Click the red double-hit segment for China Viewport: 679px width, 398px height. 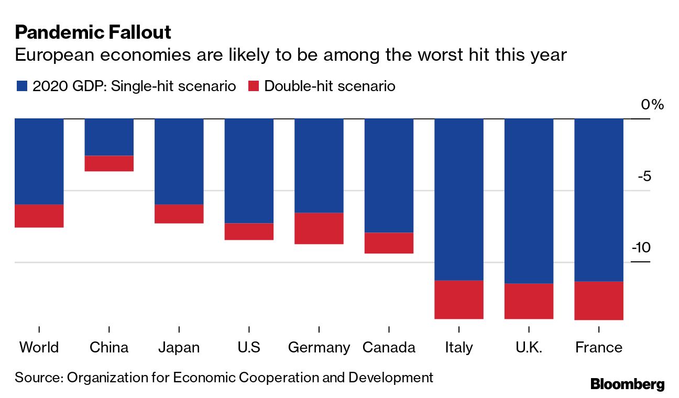pos(109,163)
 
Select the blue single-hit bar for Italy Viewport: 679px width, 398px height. pos(459,200)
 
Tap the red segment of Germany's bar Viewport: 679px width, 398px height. pos(319,228)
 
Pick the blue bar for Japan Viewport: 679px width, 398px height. pos(179,161)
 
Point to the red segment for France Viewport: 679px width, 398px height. pos(599,301)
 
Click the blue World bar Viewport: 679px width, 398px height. pos(39,161)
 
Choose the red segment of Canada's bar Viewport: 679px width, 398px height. pos(389,243)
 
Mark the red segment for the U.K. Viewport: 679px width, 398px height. pos(529,301)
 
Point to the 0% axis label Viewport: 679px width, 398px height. pos(652,105)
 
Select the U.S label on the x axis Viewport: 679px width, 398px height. pos(249,348)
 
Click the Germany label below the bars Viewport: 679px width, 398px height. pos(319,348)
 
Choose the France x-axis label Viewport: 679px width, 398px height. pos(599,348)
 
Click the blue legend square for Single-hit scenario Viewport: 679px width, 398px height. pos(21,86)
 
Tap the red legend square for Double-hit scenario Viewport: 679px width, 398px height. pos(254,86)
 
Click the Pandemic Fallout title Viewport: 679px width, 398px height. pos(93,32)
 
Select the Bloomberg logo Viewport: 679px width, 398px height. pos(627,384)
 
